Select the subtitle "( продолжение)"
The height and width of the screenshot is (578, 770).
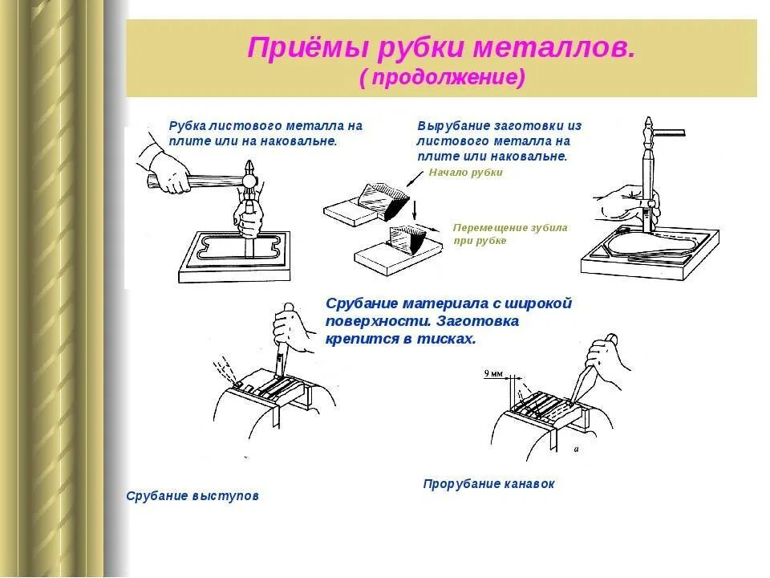[x=442, y=77]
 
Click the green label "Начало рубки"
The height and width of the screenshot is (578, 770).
[x=465, y=173]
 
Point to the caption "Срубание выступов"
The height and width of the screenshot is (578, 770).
[x=192, y=496]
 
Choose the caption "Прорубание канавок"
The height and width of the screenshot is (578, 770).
[x=488, y=484]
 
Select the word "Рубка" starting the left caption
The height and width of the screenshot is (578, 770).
[x=187, y=126]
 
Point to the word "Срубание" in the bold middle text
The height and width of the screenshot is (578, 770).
[x=363, y=303]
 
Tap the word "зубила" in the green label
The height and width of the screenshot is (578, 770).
[x=547, y=228]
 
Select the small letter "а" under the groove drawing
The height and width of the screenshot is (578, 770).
[x=577, y=450]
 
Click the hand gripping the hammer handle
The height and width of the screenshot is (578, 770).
[x=171, y=172]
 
